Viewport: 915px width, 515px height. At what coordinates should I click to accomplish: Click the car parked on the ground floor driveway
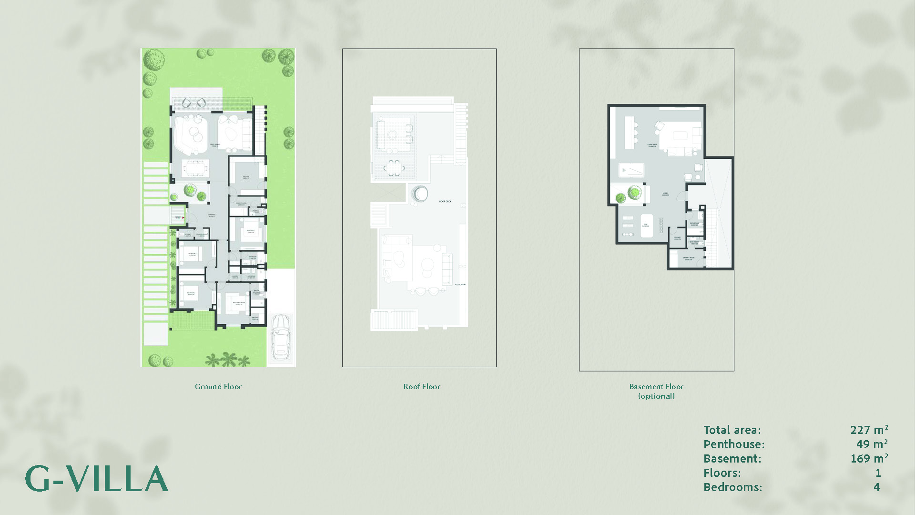click(x=281, y=337)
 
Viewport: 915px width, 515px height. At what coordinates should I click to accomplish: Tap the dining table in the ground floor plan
click(x=195, y=168)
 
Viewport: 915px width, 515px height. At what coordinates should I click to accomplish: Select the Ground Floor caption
click(x=218, y=387)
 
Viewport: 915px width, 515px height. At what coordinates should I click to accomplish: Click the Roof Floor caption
click(x=422, y=387)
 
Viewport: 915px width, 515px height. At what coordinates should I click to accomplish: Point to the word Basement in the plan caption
click(x=646, y=387)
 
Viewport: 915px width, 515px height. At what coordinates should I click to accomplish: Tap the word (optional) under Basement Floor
click(x=656, y=396)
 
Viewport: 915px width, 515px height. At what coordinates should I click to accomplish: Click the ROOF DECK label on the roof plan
click(x=445, y=202)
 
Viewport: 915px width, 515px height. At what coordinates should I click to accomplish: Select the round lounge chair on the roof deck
click(x=420, y=194)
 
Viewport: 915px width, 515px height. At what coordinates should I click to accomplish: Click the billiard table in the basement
click(x=631, y=170)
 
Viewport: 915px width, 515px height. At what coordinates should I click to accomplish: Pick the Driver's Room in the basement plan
click(x=688, y=259)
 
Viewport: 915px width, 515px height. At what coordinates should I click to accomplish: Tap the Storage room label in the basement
click(x=677, y=238)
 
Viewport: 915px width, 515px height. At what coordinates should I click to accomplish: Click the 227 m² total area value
click(x=869, y=430)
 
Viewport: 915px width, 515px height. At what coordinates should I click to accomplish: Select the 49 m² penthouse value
click(x=872, y=444)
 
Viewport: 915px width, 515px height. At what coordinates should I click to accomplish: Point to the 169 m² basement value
click(x=869, y=459)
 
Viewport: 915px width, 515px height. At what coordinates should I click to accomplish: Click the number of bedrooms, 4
click(x=876, y=487)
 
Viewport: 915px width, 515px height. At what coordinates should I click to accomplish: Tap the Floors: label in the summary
click(x=722, y=473)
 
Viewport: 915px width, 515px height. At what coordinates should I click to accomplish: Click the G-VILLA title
click(x=97, y=479)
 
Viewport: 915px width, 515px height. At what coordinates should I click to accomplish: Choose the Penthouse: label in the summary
click(x=734, y=444)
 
